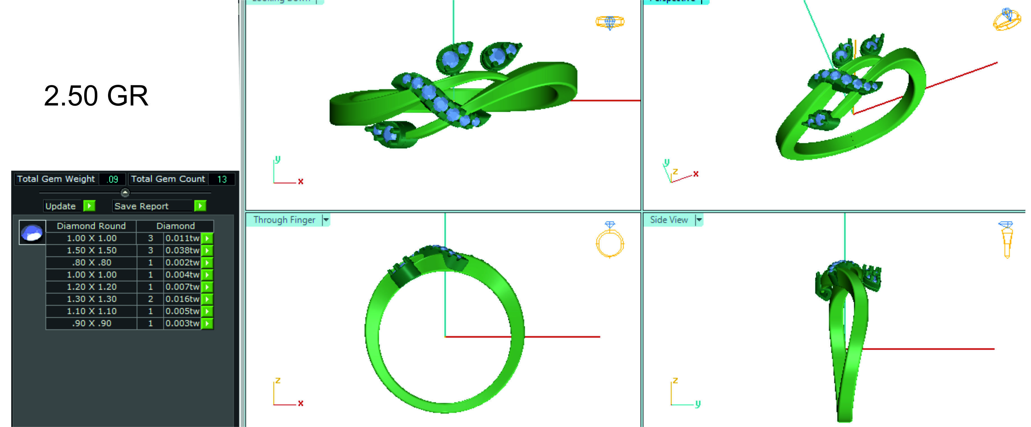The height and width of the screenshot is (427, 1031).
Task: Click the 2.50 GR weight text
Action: tap(96, 96)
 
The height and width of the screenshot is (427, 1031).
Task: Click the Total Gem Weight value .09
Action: tap(113, 179)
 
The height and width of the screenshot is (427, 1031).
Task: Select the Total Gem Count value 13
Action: tap(222, 179)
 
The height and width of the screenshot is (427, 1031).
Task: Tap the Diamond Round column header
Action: tap(91, 226)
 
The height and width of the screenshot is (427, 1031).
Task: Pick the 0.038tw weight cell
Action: tap(182, 251)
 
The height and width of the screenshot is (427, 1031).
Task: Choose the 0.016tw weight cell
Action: tap(182, 299)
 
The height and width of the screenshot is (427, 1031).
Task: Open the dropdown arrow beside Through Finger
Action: tap(326, 220)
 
